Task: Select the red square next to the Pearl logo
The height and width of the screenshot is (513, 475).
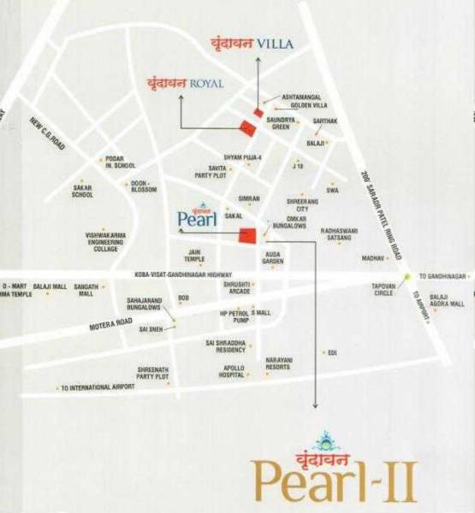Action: (248, 237)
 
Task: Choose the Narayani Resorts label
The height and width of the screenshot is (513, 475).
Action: (278, 363)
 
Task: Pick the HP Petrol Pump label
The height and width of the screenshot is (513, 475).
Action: (234, 318)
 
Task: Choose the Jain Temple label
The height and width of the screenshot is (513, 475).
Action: (195, 256)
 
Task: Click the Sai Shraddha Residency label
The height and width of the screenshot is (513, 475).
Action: (225, 346)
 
